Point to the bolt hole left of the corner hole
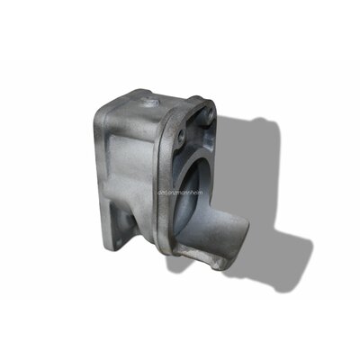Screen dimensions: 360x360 181,137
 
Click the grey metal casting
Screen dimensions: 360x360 148,180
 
